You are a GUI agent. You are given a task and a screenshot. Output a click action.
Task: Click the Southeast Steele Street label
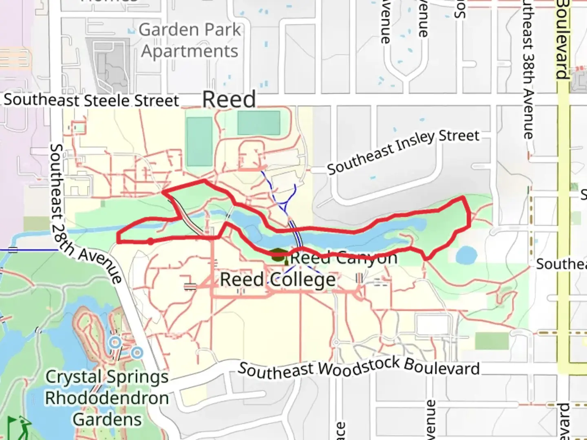[91, 100]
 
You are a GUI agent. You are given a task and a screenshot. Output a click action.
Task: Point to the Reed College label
[278, 280]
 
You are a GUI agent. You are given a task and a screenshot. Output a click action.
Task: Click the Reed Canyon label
[343, 257]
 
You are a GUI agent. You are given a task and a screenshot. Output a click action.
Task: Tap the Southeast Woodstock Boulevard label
[359, 368]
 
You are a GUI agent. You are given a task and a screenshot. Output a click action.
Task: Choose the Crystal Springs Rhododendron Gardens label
[107, 398]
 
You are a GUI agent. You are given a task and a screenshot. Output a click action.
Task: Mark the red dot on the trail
[150, 241]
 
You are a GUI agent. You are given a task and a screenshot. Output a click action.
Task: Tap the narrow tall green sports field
[199, 141]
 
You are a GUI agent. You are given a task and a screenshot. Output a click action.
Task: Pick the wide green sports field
[258, 123]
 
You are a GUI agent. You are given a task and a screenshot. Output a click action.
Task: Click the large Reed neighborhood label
[229, 99]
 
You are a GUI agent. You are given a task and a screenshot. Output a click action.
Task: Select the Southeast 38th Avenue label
[529, 69]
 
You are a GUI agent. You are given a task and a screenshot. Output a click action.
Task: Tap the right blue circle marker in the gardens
[137, 352]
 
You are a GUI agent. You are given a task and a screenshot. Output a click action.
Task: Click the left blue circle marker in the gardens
[115, 342]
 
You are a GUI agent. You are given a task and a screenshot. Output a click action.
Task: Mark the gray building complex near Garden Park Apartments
[108, 65]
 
